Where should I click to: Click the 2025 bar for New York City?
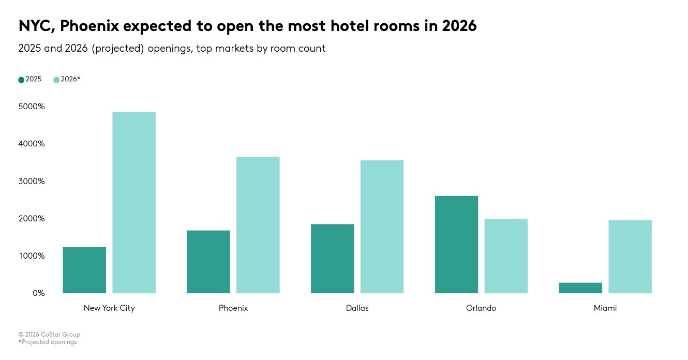pyautogui.click(x=84, y=270)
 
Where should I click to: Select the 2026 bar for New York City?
pyautogui.click(x=134, y=203)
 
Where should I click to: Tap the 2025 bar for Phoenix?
pyautogui.click(x=208, y=262)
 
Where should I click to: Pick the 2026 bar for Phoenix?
pyautogui.click(x=258, y=225)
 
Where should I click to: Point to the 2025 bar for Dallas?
pyautogui.click(x=333, y=259)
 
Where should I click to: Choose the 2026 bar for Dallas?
pyautogui.click(x=382, y=227)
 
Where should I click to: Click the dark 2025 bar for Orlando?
pyautogui.click(x=456, y=245)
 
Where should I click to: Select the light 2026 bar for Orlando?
pyautogui.click(x=506, y=256)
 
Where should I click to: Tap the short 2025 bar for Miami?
pyautogui.click(x=580, y=288)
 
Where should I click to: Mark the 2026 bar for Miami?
pyautogui.click(x=630, y=257)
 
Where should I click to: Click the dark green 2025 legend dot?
pyautogui.click(x=21, y=80)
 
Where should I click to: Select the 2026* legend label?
pyautogui.click(x=70, y=79)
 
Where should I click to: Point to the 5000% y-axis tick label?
pyautogui.click(x=32, y=107)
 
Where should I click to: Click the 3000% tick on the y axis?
pyautogui.click(x=32, y=182)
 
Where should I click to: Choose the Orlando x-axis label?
pyautogui.click(x=481, y=308)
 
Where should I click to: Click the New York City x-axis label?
pyautogui.click(x=109, y=308)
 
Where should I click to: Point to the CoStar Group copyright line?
pyautogui.click(x=49, y=335)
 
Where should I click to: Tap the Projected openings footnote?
pyautogui.click(x=48, y=342)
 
